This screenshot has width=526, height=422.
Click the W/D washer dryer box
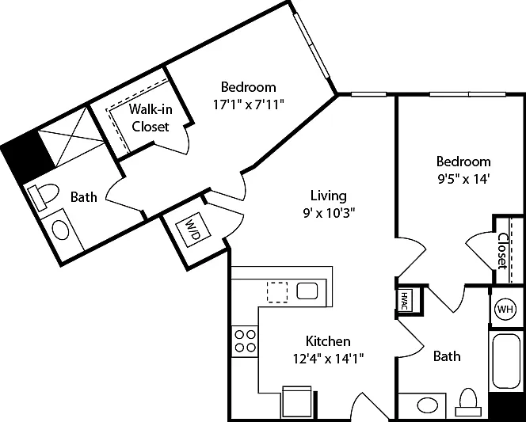193,230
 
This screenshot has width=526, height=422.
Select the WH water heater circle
505,309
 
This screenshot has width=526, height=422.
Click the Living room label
328,196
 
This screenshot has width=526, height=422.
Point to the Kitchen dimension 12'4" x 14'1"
328,359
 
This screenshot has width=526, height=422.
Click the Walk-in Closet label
151,118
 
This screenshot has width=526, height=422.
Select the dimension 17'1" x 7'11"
249,105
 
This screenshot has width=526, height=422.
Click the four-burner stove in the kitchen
245,341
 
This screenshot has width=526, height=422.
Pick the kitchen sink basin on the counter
307,291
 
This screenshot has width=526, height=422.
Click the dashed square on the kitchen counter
277,292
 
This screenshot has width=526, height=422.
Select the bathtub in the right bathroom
506,361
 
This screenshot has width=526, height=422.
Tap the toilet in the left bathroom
43,196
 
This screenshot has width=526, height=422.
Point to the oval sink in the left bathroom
61,230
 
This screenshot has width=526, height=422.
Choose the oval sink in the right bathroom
426,405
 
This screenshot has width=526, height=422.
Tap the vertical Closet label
502,251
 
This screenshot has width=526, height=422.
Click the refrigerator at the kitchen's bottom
297,401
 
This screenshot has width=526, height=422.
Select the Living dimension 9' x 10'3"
328,213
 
